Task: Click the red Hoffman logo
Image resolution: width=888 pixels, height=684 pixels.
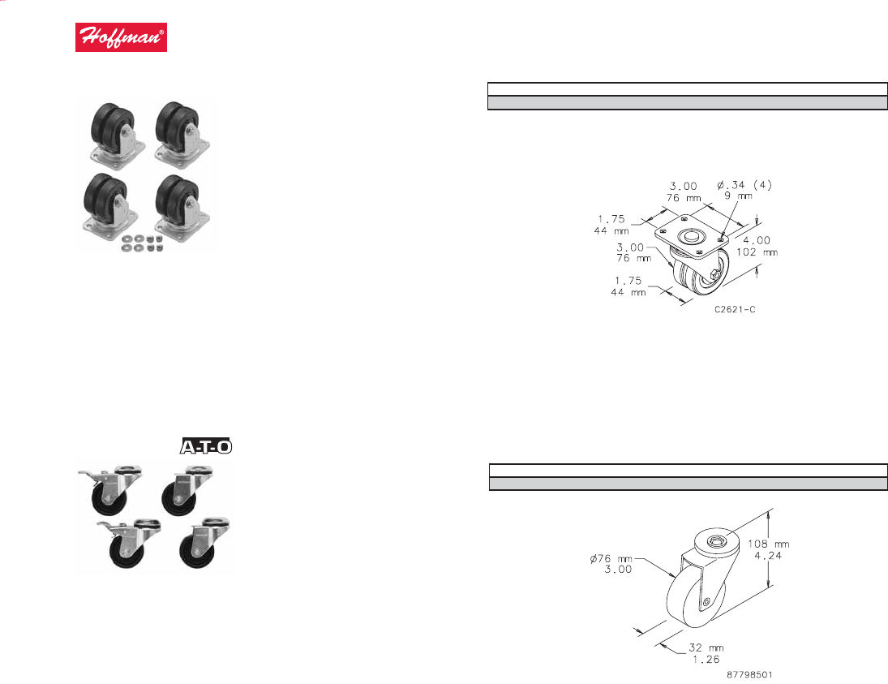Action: click(x=121, y=37)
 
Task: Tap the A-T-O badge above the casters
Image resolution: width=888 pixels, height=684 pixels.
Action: click(x=206, y=446)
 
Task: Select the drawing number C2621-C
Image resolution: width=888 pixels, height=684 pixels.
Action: click(x=735, y=309)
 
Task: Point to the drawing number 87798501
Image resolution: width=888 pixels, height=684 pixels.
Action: click(x=749, y=674)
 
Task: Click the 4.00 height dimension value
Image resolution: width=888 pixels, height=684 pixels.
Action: click(x=757, y=240)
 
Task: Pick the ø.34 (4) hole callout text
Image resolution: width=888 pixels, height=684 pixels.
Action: click(x=744, y=185)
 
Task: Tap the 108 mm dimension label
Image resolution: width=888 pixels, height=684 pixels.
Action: click(x=768, y=544)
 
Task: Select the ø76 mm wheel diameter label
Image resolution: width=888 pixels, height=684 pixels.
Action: click(x=611, y=559)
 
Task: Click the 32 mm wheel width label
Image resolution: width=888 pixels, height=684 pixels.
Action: click(x=706, y=647)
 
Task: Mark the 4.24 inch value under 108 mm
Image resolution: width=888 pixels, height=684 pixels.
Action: click(x=768, y=555)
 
